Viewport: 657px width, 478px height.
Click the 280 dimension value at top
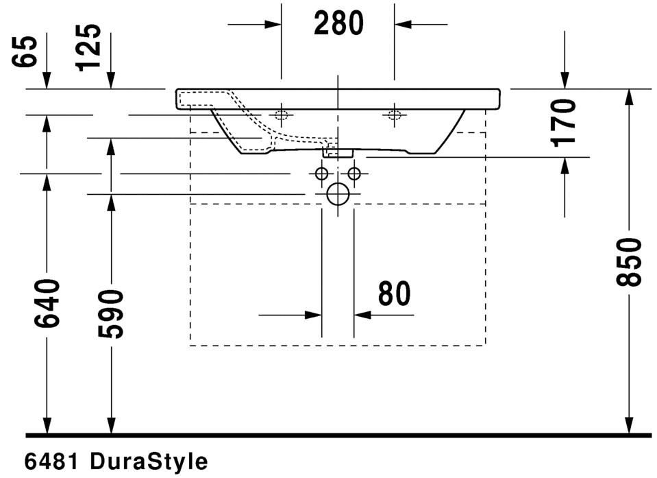click(338, 24)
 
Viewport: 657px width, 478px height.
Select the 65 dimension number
click(24, 51)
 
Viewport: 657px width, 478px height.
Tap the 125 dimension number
click(88, 47)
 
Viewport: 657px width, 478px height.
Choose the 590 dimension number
click(111, 313)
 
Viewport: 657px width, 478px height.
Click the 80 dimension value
click(395, 294)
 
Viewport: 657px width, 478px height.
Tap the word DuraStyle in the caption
click(149, 462)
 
